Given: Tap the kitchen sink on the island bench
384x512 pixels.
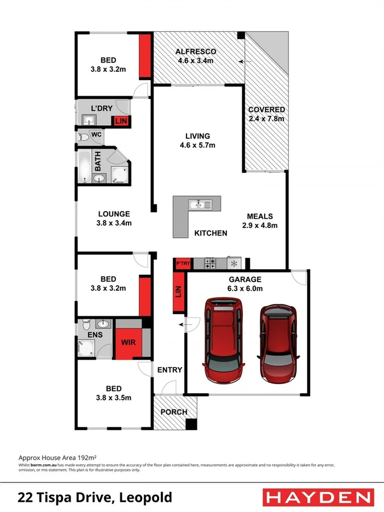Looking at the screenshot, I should pyautogui.click(x=200, y=204).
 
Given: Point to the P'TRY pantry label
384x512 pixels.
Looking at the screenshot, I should pyautogui.click(x=183, y=263).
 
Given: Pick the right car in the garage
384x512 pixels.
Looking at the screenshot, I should pyautogui.click(x=278, y=342).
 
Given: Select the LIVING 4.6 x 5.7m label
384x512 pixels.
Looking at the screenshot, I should pyautogui.click(x=197, y=141).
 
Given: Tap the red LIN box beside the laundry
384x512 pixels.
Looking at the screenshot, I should pyautogui.click(x=121, y=121).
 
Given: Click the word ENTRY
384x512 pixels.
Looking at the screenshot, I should pyautogui.click(x=170, y=370).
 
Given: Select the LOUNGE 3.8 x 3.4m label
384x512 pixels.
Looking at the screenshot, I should pyautogui.click(x=114, y=218).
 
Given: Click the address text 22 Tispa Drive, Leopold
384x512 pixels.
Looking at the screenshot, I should pyautogui.click(x=96, y=498).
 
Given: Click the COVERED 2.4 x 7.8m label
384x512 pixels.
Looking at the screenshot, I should pyautogui.click(x=266, y=114).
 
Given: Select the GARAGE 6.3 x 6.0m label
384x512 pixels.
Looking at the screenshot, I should pyautogui.click(x=245, y=284).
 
